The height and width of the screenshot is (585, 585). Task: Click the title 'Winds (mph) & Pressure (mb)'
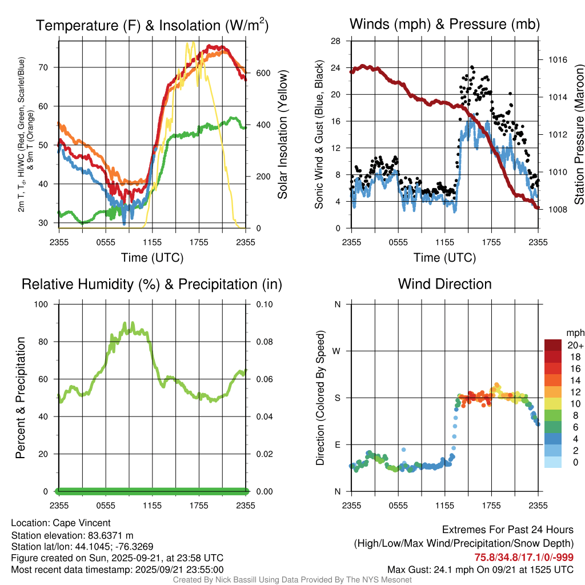click(444, 24)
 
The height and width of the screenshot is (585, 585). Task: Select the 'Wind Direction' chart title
click(444, 284)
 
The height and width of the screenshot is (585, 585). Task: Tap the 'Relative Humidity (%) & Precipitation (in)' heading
click(152, 284)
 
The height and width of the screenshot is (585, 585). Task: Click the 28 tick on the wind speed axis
click(336, 41)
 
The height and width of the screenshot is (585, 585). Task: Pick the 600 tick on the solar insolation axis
click(263, 73)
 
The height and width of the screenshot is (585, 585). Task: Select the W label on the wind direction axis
click(337, 351)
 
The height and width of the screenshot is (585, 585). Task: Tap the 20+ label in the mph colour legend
click(575, 346)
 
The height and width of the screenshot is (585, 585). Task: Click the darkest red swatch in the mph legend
click(552, 345)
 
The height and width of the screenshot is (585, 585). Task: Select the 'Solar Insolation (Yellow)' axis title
click(282, 134)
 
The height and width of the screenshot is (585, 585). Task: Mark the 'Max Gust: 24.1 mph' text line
click(480, 569)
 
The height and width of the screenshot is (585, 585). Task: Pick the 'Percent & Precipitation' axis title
click(21, 398)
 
